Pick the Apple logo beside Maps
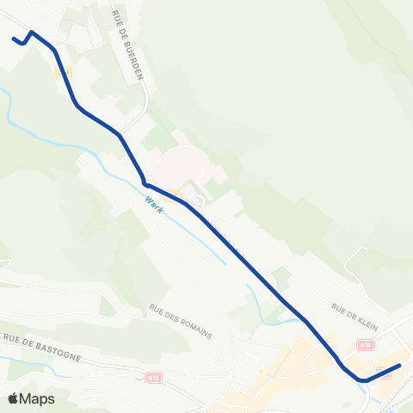click(15, 398)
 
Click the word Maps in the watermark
click(38, 398)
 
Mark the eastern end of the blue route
click(400, 366)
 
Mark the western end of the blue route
click(14, 38)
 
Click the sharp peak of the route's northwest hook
click(32, 33)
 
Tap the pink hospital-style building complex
click(182, 163)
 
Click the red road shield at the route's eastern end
click(383, 371)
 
